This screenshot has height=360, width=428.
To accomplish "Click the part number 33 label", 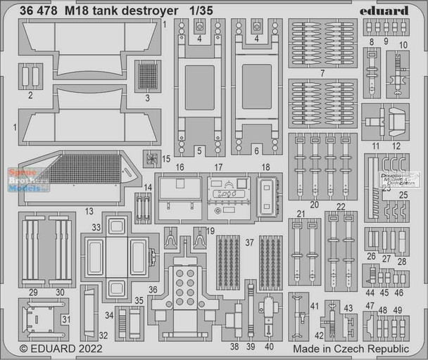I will point(96,226).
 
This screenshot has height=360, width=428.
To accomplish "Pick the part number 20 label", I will point(314,205).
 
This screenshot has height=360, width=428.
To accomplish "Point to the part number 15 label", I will point(166,158).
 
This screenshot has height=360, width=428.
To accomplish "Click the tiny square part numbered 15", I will point(151,157).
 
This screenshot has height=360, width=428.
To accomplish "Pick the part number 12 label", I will point(396,146).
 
